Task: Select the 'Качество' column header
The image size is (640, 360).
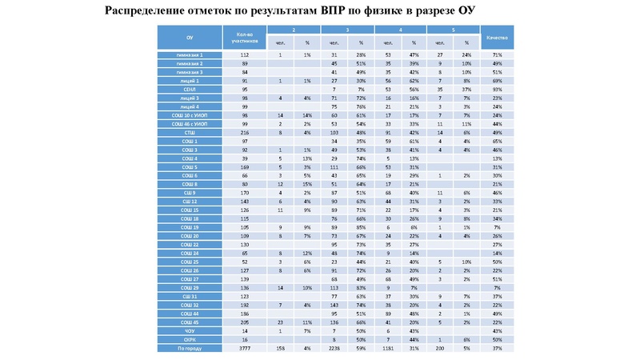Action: click(x=497, y=37)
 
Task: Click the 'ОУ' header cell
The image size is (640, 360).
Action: click(x=190, y=37)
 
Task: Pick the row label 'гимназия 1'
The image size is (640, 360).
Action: click(x=190, y=54)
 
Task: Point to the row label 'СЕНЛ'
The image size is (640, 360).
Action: click(x=190, y=89)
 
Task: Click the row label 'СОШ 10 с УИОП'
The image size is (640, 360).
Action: click(x=190, y=114)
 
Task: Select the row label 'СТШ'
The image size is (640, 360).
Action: click(x=190, y=132)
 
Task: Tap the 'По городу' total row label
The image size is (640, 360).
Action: click(x=190, y=348)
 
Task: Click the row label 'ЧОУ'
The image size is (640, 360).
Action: click(x=190, y=330)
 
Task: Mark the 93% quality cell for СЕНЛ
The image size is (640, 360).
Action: click(x=497, y=89)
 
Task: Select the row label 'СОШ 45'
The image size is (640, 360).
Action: click(x=190, y=322)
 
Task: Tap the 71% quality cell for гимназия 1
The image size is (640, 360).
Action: click(x=497, y=54)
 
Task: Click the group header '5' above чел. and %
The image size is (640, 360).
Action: click(x=453, y=29)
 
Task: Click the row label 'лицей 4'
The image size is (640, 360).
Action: click(x=190, y=106)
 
